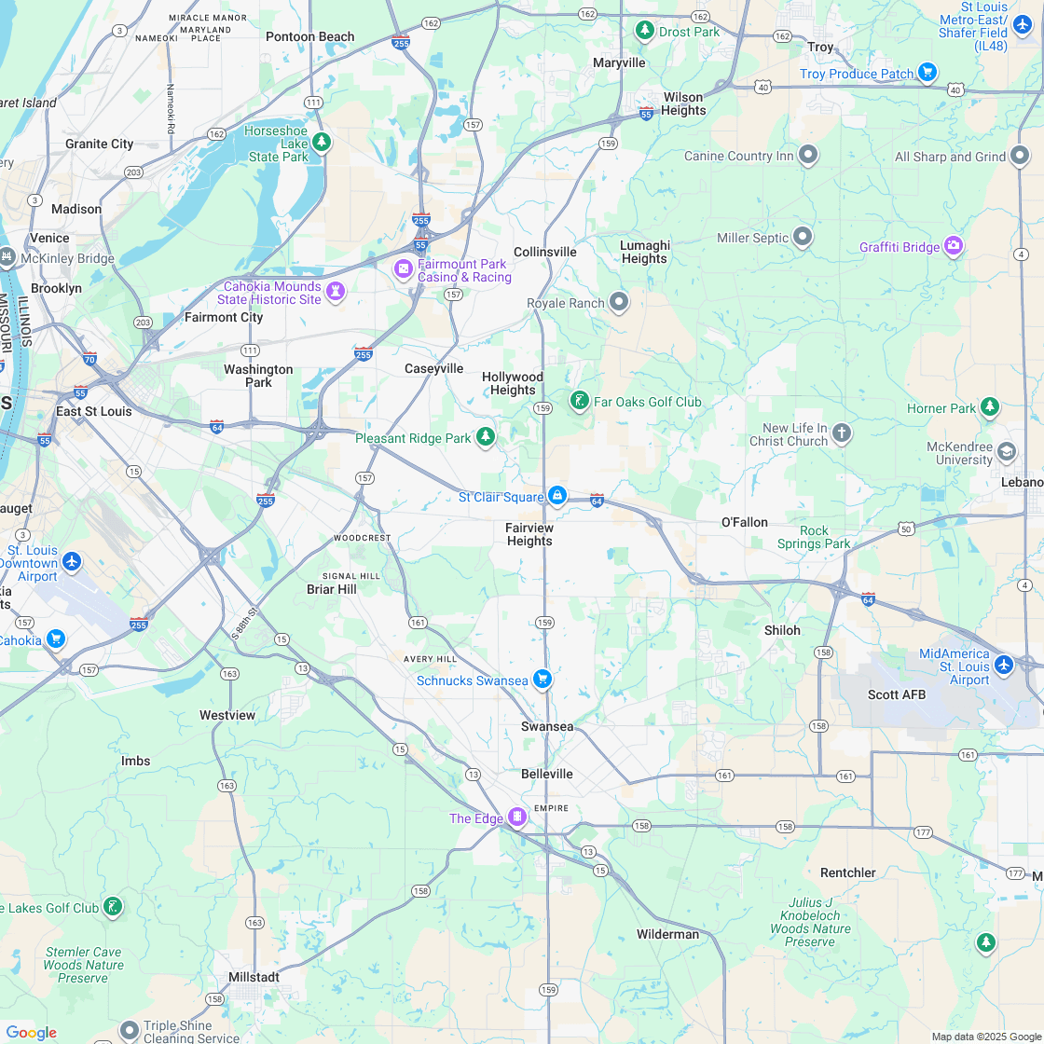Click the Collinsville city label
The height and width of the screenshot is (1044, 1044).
click(x=545, y=252)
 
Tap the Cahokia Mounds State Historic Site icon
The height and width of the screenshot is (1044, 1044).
click(x=336, y=292)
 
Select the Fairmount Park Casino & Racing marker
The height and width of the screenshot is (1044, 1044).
click(x=404, y=269)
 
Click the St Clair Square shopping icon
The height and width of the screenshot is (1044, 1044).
click(x=556, y=496)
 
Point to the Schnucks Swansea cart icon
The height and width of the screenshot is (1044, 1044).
click(x=542, y=680)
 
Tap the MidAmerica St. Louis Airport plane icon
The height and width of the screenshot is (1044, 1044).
click(x=1003, y=665)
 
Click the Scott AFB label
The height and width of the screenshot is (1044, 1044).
click(x=896, y=694)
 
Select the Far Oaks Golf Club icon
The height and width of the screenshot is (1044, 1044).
click(x=579, y=401)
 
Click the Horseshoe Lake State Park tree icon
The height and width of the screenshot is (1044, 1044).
click(x=322, y=142)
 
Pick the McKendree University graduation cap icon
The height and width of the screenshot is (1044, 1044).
click(x=1007, y=452)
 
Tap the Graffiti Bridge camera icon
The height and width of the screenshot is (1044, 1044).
click(x=953, y=246)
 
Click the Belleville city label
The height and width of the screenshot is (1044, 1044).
click(x=547, y=774)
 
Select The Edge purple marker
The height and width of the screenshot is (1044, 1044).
click(x=516, y=817)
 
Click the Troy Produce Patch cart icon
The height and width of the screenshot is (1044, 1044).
click(x=927, y=73)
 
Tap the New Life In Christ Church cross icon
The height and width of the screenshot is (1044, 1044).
click(x=842, y=433)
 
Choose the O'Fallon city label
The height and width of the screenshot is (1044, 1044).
click(x=744, y=522)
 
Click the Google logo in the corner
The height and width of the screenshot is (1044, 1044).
click(x=32, y=1032)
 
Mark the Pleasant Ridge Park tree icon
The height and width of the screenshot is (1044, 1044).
click(x=485, y=436)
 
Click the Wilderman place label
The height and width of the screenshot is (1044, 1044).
click(x=667, y=934)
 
